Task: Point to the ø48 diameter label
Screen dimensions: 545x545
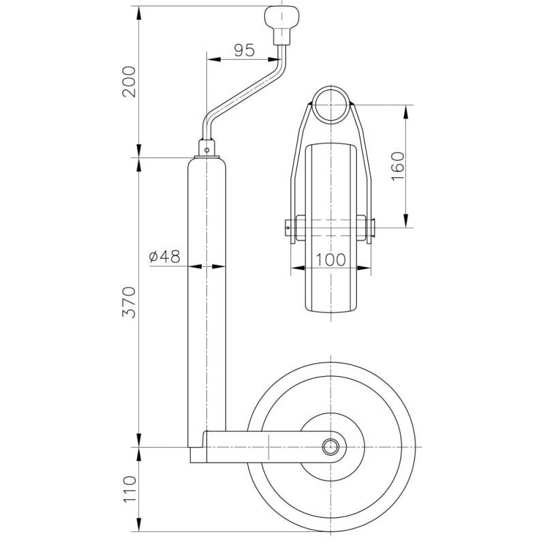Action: [164, 256]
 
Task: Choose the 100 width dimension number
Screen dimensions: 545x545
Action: [331, 259]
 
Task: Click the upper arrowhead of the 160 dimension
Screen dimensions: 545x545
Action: [407, 110]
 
